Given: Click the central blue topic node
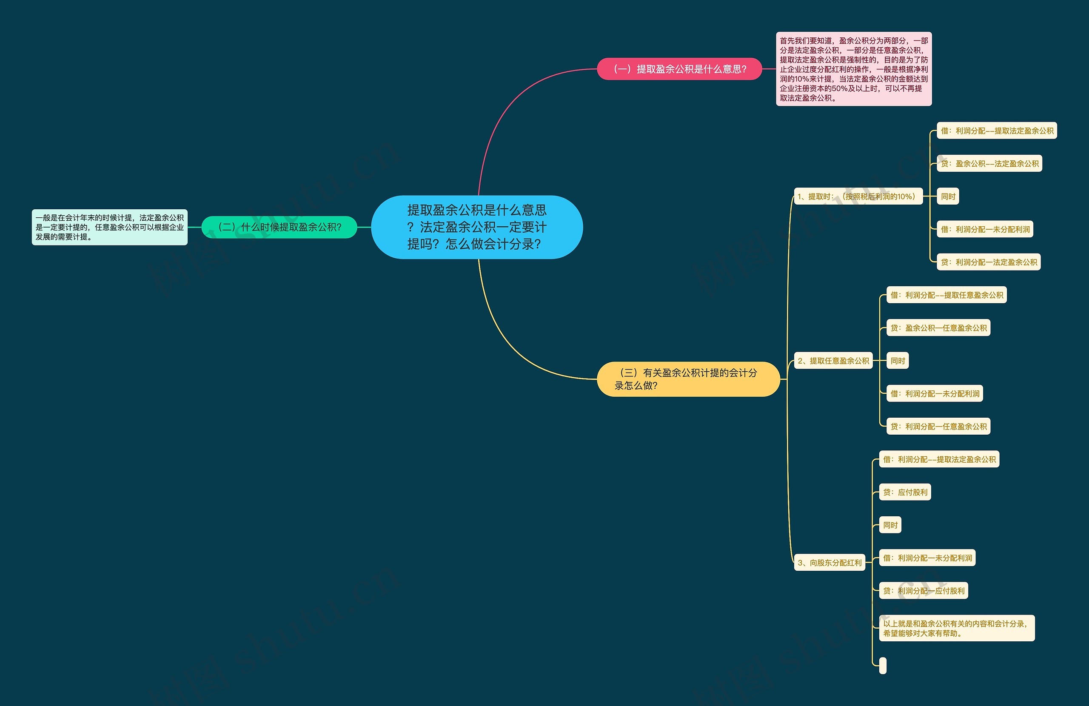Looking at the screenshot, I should click(477, 227).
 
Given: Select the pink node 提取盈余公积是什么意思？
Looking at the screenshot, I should click(679, 69).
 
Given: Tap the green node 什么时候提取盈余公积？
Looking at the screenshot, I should click(279, 227).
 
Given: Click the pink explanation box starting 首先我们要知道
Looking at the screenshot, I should click(853, 69).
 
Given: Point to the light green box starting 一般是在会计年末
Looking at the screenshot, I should click(109, 227).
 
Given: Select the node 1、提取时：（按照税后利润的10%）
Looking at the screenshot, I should click(858, 196).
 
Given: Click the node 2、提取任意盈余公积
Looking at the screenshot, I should click(833, 361).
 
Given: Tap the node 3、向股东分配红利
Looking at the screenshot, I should click(830, 562).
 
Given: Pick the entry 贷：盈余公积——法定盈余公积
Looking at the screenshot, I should click(989, 163).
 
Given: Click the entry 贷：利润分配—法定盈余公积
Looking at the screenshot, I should click(988, 262).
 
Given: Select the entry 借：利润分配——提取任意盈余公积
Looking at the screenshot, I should click(946, 295).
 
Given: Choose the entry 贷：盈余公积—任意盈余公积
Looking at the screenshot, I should click(938, 327).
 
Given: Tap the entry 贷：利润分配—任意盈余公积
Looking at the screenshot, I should click(938, 427).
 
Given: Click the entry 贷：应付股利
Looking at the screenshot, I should click(905, 492).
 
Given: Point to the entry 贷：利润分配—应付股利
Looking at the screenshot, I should click(924, 591).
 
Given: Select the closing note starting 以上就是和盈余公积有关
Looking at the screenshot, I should click(956, 628).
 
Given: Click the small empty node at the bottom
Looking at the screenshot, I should click(883, 666).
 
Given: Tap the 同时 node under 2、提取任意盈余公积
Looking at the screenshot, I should click(897, 361).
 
